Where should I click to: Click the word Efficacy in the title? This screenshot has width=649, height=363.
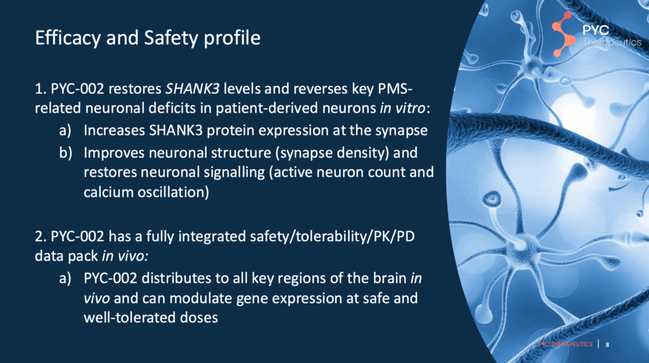click(x=67, y=39)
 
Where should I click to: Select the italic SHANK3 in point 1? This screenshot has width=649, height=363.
click(x=193, y=89)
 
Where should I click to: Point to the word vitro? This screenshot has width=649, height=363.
click(x=410, y=108)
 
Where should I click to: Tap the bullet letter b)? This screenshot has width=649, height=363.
click(x=65, y=153)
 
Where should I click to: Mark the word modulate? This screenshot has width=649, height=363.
click(x=201, y=298)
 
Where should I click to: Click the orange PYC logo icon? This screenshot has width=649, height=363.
click(x=563, y=34)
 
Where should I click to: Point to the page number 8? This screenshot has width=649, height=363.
click(x=607, y=345)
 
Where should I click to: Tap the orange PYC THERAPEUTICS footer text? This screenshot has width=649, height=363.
click(x=565, y=345)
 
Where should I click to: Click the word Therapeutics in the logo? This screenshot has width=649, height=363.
click(x=612, y=42)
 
